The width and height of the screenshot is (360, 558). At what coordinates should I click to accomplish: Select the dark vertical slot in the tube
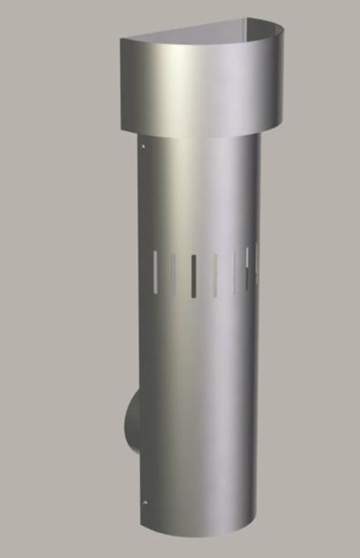click(x=193, y=276)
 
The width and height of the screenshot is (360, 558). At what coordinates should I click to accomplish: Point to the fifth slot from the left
click(x=235, y=272)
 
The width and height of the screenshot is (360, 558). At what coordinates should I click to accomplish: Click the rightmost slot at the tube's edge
click(x=255, y=263)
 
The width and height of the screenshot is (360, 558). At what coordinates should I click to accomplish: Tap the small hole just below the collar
click(x=142, y=147)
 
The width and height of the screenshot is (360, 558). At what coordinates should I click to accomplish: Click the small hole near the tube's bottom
click(x=145, y=502)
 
